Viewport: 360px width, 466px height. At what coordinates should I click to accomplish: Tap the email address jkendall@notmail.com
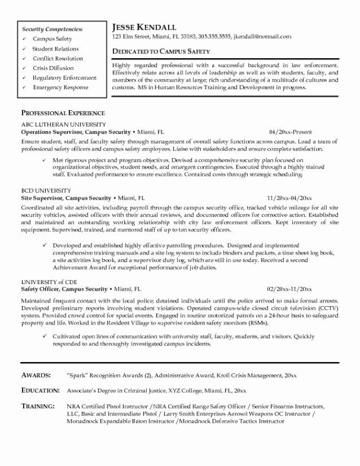tap(261, 37)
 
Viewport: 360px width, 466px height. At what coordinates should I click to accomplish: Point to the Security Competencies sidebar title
tap(52, 29)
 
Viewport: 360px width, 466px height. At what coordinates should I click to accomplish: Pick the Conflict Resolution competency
tap(58, 58)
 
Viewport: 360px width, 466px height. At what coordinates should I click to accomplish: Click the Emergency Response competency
tap(61, 87)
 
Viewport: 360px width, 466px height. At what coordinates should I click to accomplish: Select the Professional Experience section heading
tap(63, 113)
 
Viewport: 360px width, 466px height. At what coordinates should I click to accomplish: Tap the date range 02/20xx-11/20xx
tap(289, 288)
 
